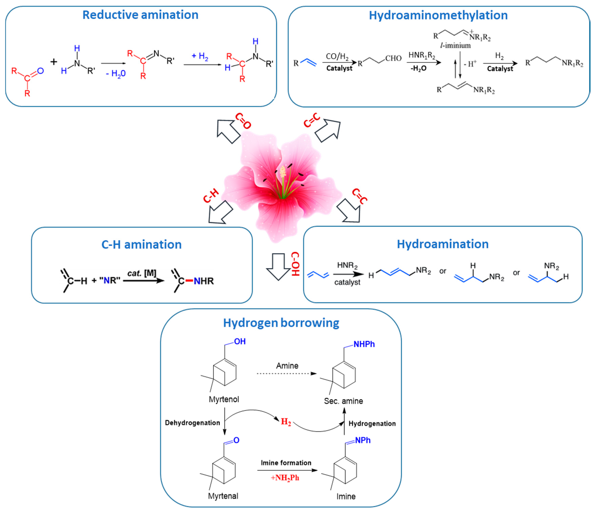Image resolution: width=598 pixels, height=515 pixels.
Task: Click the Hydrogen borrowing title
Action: click(x=281, y=323)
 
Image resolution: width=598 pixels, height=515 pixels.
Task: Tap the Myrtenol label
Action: click(x=224, y=399)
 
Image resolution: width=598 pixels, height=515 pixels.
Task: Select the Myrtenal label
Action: click(x=223, y=496)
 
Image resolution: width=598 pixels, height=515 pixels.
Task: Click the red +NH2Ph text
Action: click(x=285, y=478)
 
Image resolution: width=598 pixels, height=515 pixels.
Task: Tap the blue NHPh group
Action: click(x=364, y=344)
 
